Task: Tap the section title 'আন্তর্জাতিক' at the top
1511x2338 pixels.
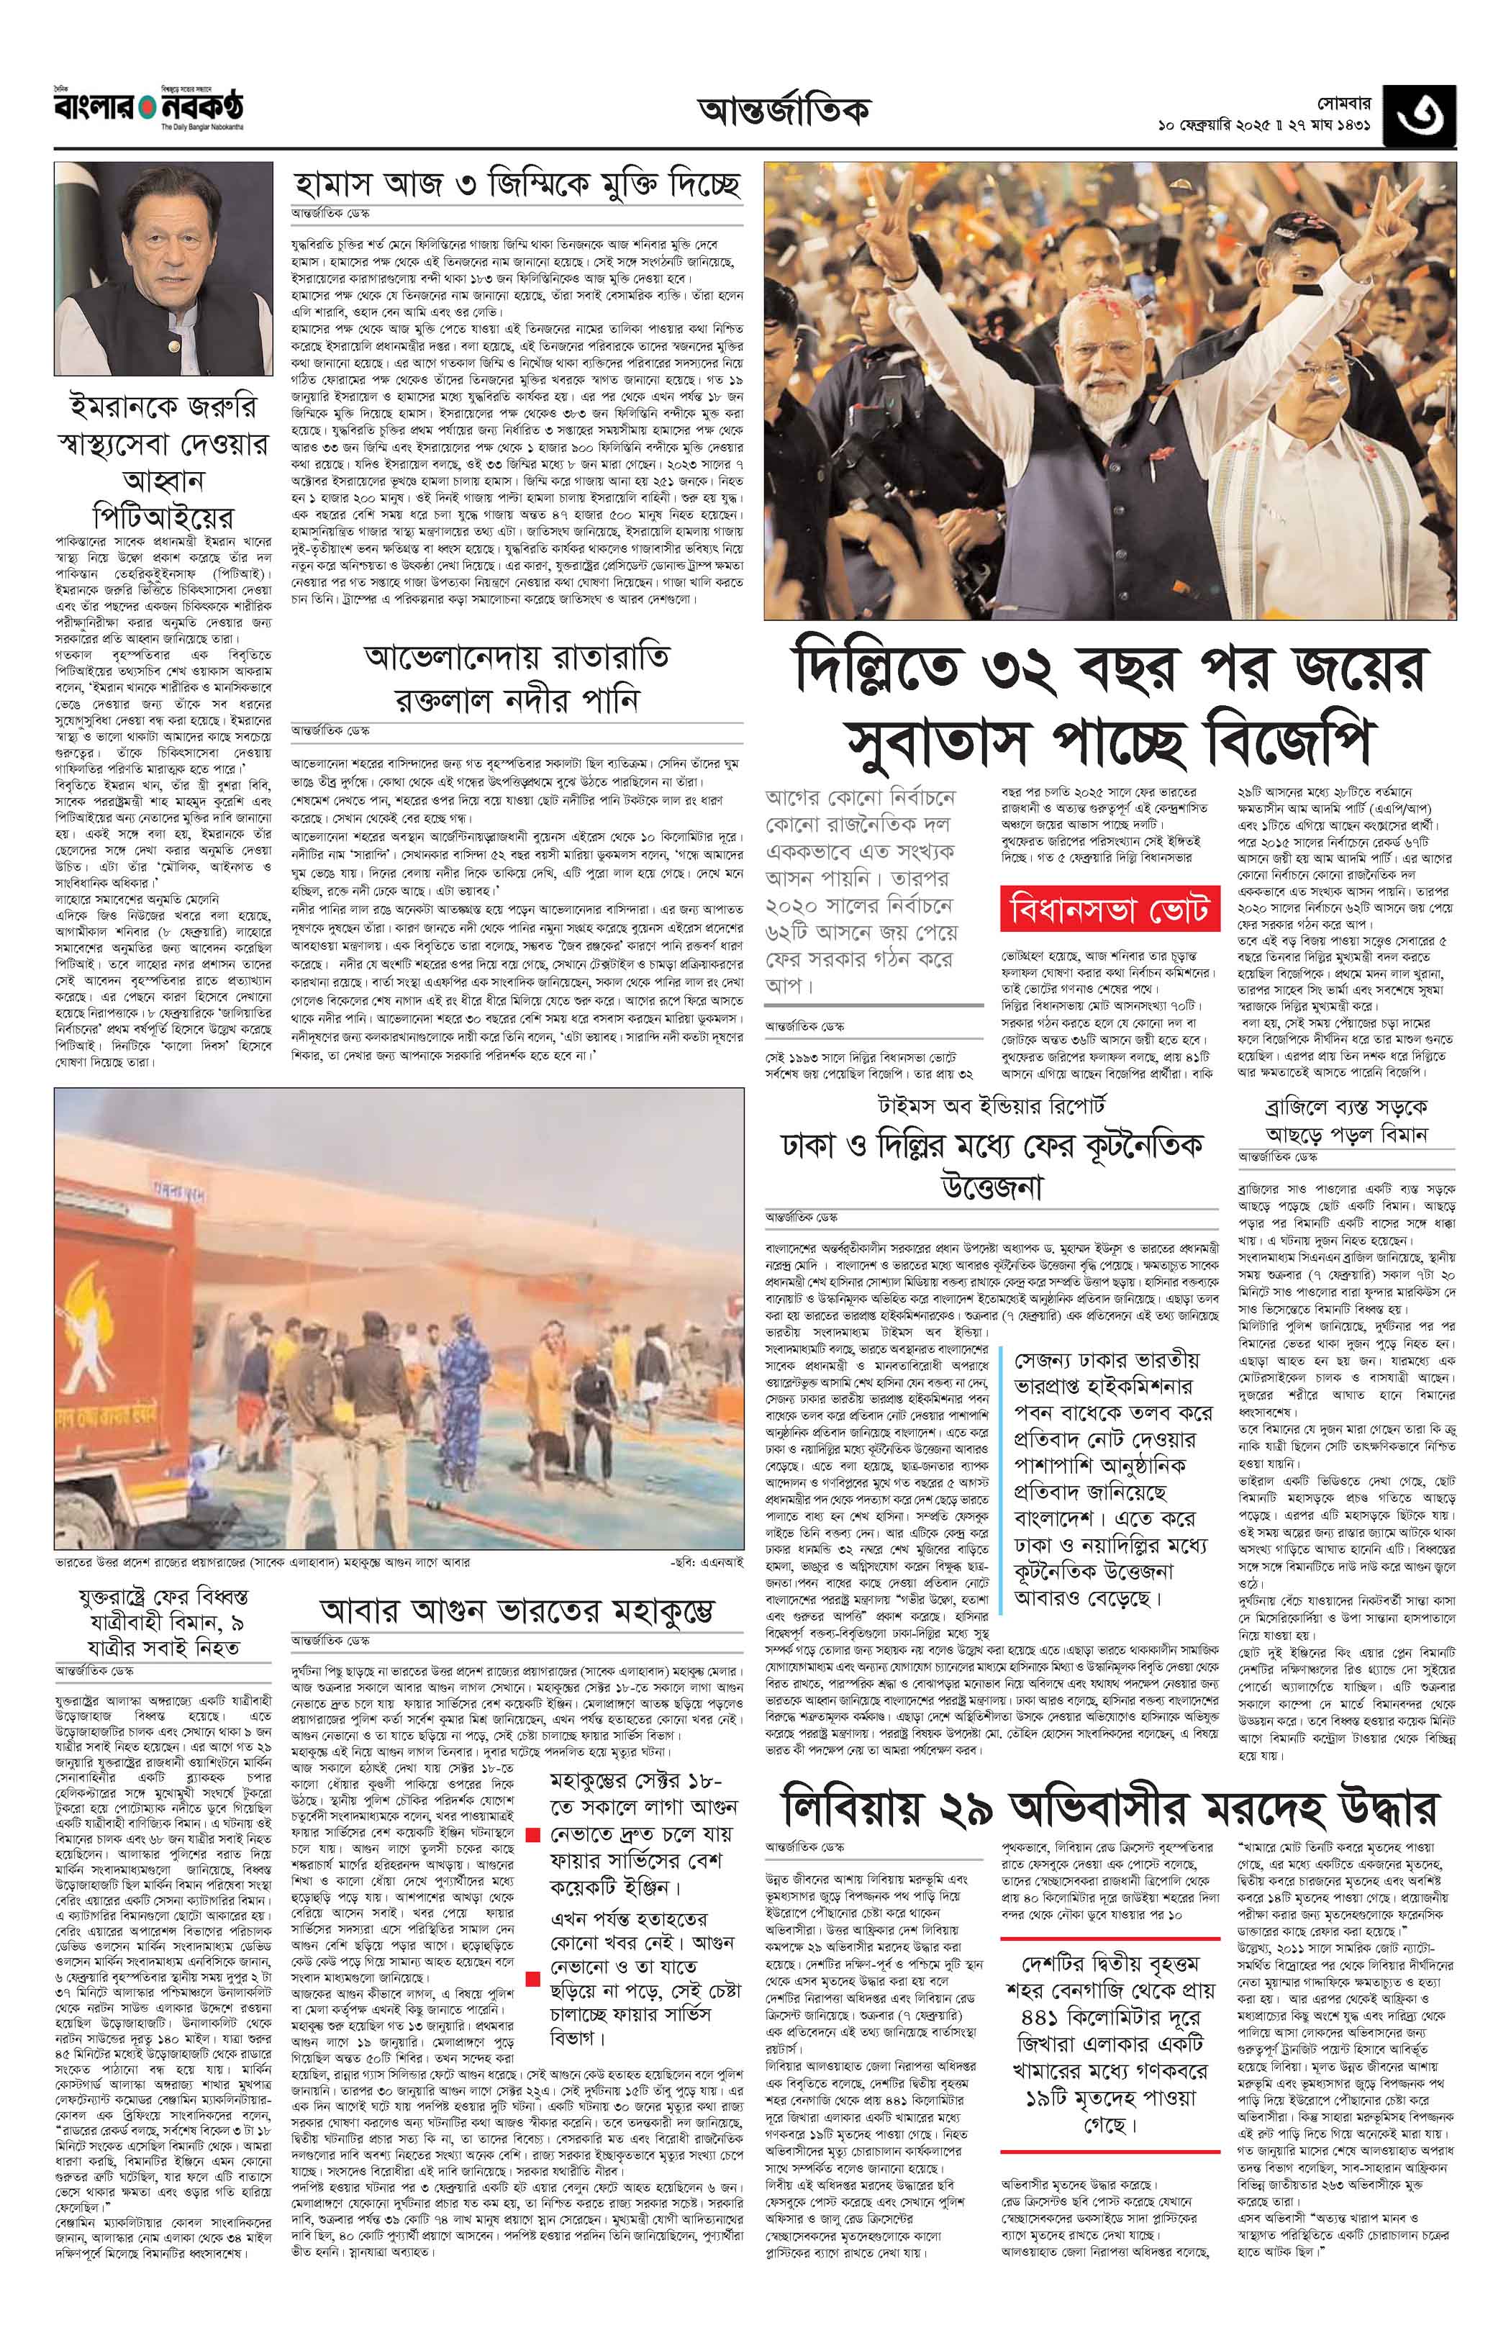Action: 784,111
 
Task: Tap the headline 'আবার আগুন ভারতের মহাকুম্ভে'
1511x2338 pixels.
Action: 518,1610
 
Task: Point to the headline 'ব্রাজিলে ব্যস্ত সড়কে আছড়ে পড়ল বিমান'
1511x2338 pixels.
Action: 1346,1120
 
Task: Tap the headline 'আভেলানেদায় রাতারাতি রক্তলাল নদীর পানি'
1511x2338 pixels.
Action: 518,679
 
